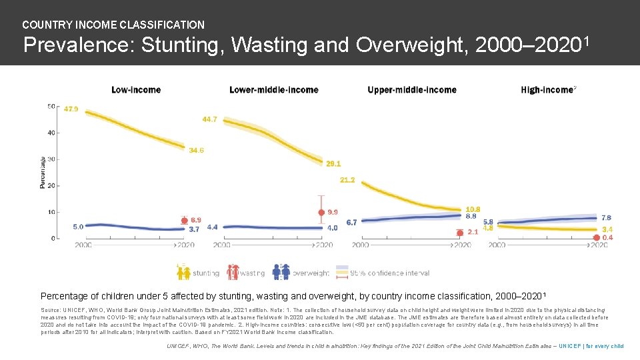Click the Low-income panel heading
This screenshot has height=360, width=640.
(136, 90)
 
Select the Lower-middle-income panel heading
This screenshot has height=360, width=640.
(273, 90)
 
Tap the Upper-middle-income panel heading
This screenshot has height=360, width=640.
(411, 90)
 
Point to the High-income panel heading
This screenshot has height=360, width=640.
(547, 90)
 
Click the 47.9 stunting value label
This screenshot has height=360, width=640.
(71, 109)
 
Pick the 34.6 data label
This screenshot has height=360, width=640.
(196, 151)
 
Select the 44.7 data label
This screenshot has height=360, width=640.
(209, 119)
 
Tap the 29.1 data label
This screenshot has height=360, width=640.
(333, 163)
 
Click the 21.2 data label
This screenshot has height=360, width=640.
(347, 180)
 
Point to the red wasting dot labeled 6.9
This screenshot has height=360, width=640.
(184, 221)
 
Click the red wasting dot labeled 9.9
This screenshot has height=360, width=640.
(321, 213)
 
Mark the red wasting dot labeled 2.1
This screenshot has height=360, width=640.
(459, 233)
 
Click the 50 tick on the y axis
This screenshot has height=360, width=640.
(51, 107)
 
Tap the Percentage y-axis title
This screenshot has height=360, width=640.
(43, 172)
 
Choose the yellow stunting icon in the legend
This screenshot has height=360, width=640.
(183, 272)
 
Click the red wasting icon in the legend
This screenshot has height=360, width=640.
(233, 272)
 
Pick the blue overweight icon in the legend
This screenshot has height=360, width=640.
(281, 272)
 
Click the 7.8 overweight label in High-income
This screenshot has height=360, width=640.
(605, 218)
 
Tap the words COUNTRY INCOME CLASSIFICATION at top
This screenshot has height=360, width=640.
(113, 25)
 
